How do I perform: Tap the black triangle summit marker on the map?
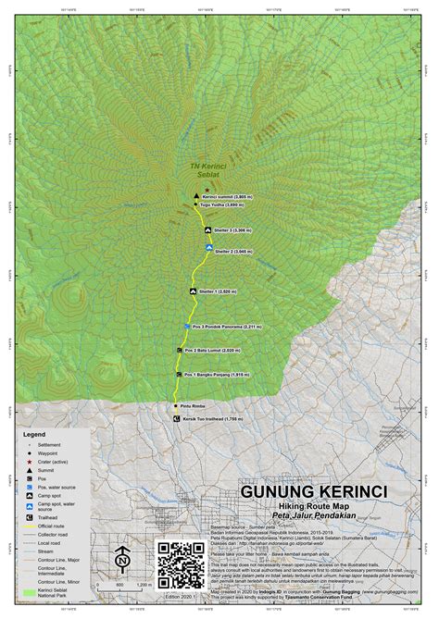click(196, 197)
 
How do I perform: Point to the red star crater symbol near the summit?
click(206, 189)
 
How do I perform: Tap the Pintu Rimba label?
click(194, 405)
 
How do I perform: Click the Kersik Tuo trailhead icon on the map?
click(177, 418)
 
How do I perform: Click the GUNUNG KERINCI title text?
click(315, 490)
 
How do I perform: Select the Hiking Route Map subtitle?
click(315, 507)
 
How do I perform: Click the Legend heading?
click(34, 433)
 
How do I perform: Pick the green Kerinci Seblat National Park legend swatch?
click(26, 590)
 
